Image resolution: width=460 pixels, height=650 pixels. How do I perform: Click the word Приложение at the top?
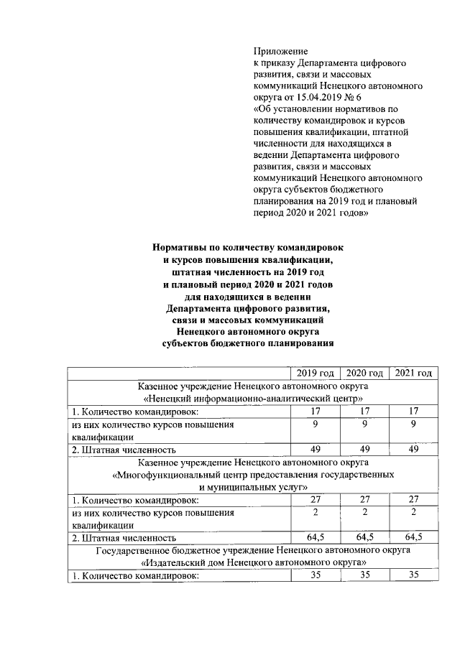(280, 52)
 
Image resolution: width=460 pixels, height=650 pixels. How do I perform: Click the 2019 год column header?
(316, 373)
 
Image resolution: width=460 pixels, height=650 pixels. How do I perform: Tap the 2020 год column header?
(364, 373)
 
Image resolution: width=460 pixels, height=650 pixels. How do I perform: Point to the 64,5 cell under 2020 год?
(364, 537)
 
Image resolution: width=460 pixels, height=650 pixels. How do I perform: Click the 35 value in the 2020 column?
(364, 575)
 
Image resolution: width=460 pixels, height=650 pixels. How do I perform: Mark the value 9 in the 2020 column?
(364, 424)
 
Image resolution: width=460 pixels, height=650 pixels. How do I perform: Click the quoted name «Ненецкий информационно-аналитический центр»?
(249, 398)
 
